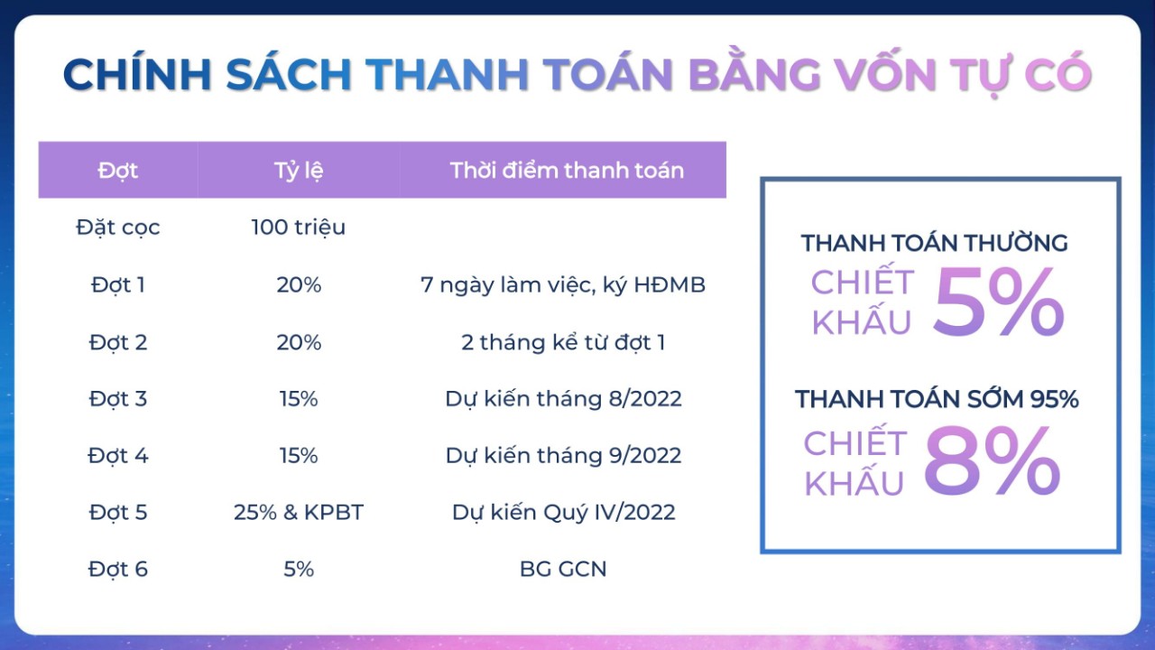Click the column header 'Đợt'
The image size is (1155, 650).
point(118,171)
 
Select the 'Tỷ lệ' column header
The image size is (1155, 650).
point(299,172)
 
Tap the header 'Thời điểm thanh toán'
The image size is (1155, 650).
point(567,171)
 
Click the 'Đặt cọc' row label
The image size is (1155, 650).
point(118,227)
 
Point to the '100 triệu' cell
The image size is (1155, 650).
point(299,227)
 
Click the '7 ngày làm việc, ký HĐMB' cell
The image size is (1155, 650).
point(563,284)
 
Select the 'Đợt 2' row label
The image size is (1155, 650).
point(118,342)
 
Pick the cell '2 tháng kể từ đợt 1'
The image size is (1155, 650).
point(563,342)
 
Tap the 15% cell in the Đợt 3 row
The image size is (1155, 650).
point(299,399)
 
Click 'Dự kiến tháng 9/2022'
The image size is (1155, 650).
point(564,456)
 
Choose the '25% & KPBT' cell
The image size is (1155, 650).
point(299,512)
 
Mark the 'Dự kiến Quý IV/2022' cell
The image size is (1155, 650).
point(564,512)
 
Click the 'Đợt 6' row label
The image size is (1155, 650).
point(118,569)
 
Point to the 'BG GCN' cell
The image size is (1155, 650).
point(563,569)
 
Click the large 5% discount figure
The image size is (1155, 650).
point(998,302)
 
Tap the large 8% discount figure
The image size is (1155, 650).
point(992,460)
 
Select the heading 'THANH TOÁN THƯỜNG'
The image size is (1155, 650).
point(934,243)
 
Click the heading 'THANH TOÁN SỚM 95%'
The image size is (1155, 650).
point(937,399)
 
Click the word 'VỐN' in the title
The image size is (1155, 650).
point(883,74)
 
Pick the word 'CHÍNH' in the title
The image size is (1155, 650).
point(136,73)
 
